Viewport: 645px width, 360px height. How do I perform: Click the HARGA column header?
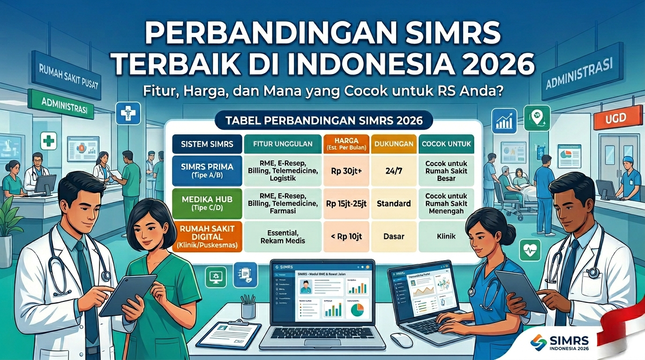pyautogui.click(x=347, y=144)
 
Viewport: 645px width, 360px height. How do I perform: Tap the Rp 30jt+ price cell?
pyautogui.click(x=347, y=172)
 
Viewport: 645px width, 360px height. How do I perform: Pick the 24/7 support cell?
pyautogui.click(x=394, y=172)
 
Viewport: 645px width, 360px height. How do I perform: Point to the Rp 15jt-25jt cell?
pyautogui.click(x=347, y=203)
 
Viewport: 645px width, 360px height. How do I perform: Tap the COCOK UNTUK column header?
pyautogui.click(x=446, y=144)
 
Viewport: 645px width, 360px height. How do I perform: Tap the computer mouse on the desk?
pyautogui.click(x=401, y=339)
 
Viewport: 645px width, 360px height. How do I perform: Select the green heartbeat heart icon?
pyautogui.click(x=530, y=249)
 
